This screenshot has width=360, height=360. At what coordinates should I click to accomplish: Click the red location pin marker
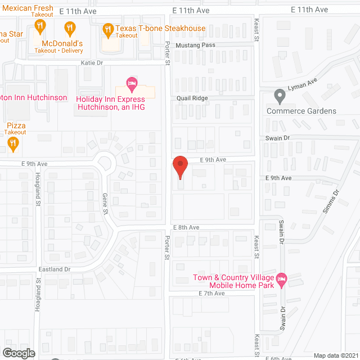tap(179, 166)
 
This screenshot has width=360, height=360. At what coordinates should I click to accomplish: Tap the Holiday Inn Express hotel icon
tap(132, 84)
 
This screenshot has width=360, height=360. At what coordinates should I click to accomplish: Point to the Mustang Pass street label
tap(195, 45)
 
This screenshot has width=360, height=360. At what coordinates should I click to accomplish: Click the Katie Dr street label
tap(92, 63)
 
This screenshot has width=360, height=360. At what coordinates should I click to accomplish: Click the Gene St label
tap(105, 202)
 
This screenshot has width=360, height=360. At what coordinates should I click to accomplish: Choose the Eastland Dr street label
tap(55, 269)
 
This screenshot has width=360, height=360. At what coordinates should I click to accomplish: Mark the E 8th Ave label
tap(186, 227)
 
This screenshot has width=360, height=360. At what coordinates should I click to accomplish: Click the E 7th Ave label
tap(211, 294)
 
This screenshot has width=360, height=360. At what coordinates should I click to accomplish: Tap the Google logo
tap(18, 353)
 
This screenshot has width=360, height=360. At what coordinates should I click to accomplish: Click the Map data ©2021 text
tap(335, 355)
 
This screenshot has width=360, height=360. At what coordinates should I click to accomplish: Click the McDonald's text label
tap(62, 43)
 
